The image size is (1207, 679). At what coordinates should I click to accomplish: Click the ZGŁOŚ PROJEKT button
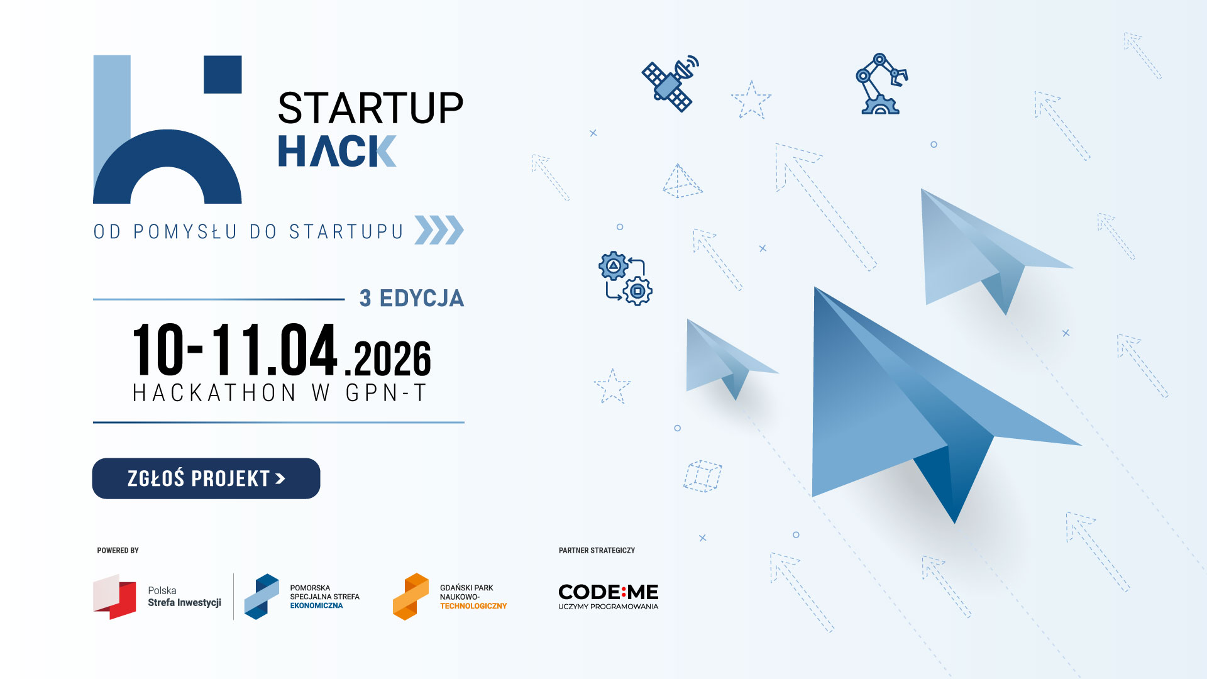tap(206, 478)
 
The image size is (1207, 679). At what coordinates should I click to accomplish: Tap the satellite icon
tap(670, 84)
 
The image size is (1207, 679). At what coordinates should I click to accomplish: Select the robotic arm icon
tap(881, 84)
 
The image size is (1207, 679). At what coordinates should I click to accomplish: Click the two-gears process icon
tap(626, 279)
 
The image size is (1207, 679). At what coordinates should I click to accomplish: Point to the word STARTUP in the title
tap(370, 108)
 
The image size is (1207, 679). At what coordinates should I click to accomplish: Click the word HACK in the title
tap(337, 152)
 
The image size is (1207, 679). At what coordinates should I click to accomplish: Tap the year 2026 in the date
tap(392, 358)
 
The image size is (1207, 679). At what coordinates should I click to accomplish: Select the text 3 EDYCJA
tap(412, 298)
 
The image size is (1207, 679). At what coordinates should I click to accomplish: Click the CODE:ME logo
tap(608, 597)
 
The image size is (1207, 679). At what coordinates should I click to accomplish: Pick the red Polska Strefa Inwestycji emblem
tap(114, 597)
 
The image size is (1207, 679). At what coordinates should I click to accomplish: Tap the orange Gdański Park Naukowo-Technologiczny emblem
tap(411, 597)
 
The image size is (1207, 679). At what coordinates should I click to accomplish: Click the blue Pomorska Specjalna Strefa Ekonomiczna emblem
tap(262, 597)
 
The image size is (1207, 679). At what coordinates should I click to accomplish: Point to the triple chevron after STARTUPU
tap(439, 230)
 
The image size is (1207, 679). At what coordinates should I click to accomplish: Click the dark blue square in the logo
tap(223, 74)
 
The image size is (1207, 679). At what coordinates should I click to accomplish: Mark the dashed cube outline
tap(703, 476)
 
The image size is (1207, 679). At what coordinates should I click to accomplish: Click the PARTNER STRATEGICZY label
tap(597, 551)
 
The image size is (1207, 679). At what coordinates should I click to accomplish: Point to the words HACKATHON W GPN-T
tap(280, 393)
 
